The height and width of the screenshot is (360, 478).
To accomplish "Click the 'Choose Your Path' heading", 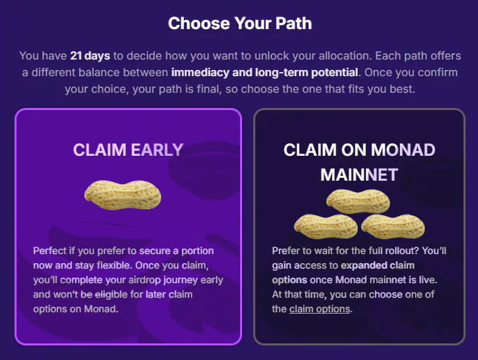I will [239, 23].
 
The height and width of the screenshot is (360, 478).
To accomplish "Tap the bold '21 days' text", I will [89, 55].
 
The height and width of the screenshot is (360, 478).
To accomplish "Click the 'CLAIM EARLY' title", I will [128, 150].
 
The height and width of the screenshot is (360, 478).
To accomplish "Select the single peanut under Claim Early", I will [123, 195].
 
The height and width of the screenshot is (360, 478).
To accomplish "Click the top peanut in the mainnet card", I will [358, 200].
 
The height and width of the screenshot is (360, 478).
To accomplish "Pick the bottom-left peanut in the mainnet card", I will [325, 226].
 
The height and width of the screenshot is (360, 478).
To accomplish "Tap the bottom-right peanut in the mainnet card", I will [392, 226].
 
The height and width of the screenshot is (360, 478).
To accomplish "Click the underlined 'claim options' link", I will [320, 309].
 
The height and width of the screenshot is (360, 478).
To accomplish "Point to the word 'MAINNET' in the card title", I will [359, 174].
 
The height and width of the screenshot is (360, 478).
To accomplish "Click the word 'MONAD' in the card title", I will [403, 150].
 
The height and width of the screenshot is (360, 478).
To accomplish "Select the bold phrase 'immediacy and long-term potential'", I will [264, 72].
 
